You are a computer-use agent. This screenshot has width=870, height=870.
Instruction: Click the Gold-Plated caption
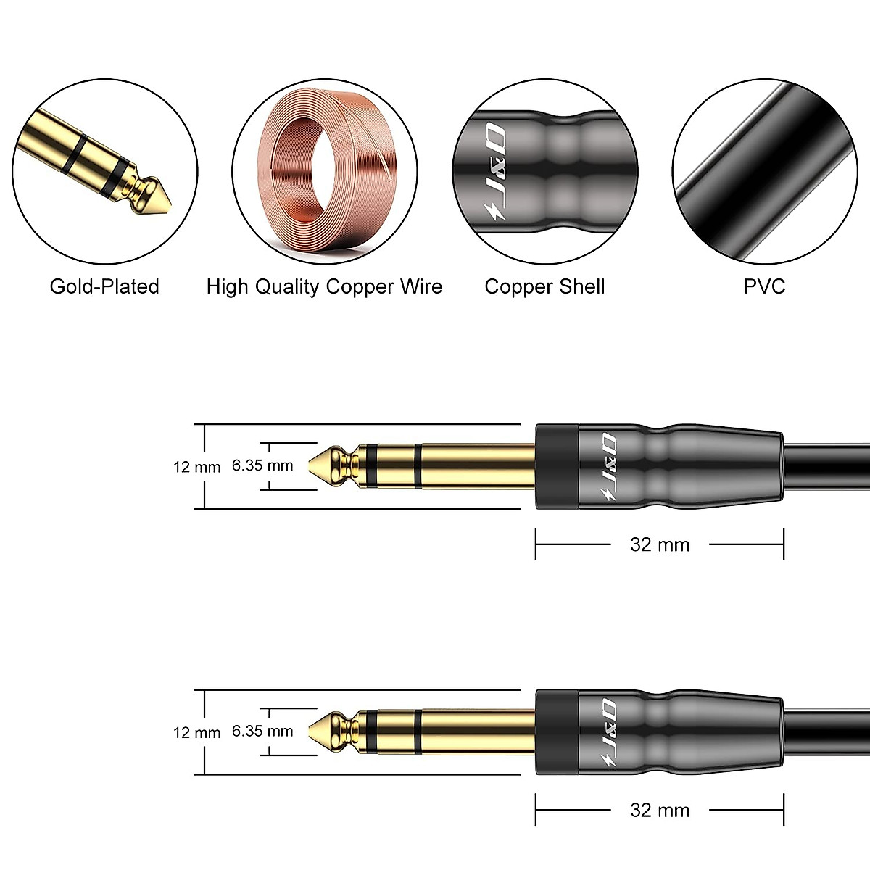[x=104, y=286]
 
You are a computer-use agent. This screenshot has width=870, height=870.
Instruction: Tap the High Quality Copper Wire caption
[x=324, y=286]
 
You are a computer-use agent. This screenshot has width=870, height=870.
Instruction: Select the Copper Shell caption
[x=544, y=286]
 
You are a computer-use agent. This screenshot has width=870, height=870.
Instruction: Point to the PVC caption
[x=764, y=286]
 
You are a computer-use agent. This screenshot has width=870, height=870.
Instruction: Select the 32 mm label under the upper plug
[x=660, y=544]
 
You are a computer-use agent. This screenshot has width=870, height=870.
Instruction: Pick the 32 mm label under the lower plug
[x=660, y=810]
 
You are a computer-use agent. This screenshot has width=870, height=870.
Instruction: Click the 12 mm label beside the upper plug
[x=196, y=467]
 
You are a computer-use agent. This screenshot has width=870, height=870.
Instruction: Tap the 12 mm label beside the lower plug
[x=196, y=732]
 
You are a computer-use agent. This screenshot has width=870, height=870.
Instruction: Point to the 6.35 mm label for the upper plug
[x=262, y=465]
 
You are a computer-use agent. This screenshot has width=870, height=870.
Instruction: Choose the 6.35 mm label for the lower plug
[x=262, y=731]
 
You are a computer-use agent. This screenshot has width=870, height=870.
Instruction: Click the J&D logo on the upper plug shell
[x=608, y=467]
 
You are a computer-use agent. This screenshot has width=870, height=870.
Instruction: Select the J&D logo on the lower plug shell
[x=608, y=732]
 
